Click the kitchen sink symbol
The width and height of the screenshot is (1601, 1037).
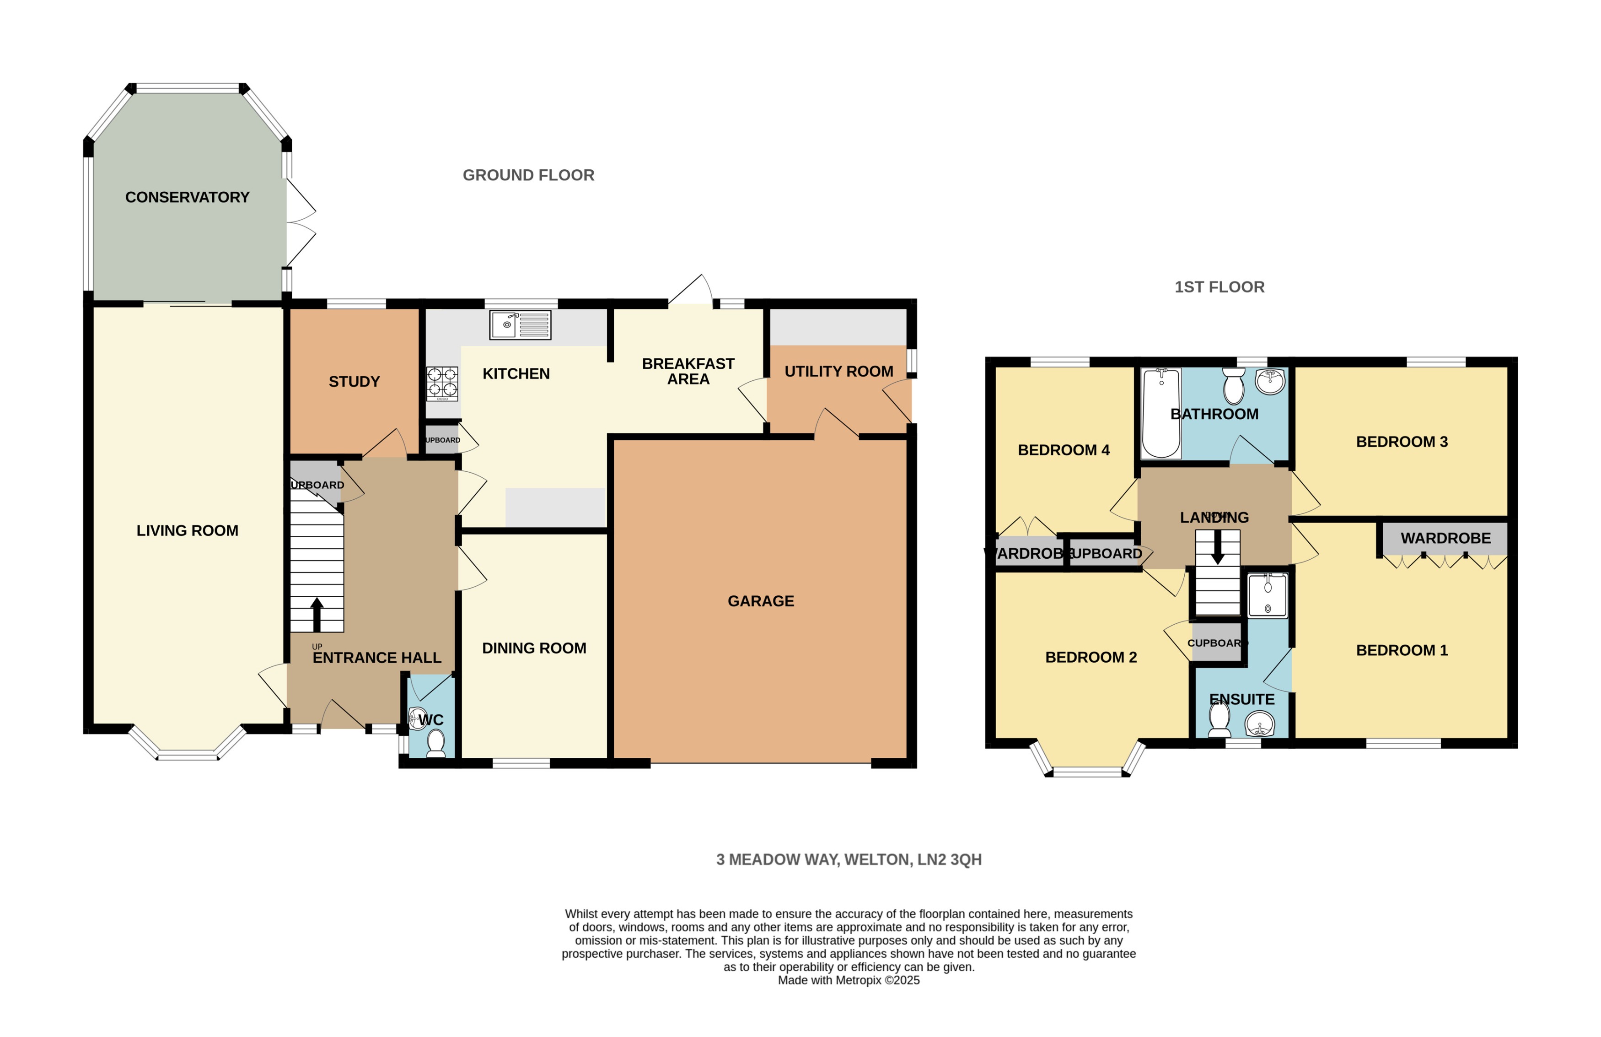point(520,325)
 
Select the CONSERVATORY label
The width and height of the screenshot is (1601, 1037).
point(187,197)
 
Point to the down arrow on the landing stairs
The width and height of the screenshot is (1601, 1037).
point(1217,549)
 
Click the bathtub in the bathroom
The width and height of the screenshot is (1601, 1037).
point(1161,412)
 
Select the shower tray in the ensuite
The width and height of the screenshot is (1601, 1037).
point(1268,595)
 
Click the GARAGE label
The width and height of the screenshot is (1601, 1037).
point(761,601)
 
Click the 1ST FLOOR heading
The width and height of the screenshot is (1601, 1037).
point(1219,286)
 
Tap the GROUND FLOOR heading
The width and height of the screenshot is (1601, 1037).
point(528,175)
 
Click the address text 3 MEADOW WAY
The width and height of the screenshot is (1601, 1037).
point(848,859)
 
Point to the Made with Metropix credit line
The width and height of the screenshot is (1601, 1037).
point(848,980)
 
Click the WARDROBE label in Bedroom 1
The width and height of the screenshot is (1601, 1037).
point(1445,538)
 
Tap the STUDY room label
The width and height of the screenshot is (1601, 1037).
point(354,382)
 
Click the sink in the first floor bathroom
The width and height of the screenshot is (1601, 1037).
point(1269,382)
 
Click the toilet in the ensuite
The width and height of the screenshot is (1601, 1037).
point(1219,721)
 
